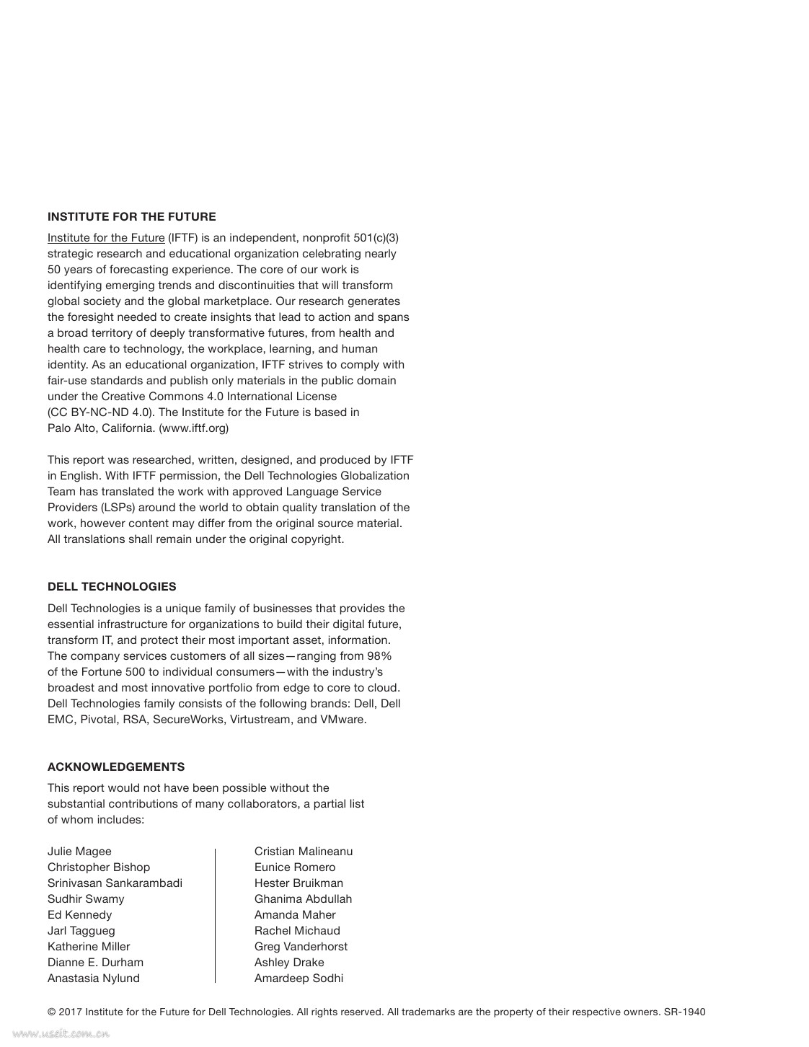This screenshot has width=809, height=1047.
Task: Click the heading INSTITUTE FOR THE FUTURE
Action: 131,216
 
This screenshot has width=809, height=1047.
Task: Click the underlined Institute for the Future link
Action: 106,238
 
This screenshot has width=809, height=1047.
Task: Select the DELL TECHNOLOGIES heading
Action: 112,586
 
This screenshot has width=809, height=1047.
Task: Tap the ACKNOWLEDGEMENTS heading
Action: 116,767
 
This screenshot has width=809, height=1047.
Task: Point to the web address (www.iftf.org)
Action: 193,428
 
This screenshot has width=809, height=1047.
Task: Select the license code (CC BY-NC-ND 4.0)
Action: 101,412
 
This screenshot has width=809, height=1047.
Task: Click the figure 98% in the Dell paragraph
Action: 379,655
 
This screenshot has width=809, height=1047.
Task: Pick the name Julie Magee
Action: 79,851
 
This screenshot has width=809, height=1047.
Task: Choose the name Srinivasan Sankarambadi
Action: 115,883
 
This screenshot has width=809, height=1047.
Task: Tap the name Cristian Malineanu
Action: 304,851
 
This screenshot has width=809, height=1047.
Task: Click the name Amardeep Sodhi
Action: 299,978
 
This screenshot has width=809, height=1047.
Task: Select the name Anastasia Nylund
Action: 94,978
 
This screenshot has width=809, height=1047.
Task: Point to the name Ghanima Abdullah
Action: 303,898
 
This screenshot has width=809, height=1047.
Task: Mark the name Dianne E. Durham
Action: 95,962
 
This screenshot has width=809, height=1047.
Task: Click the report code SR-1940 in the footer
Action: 684,1012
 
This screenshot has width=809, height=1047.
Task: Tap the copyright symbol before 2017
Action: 51,1012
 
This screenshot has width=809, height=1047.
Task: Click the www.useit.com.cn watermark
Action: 61,1034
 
